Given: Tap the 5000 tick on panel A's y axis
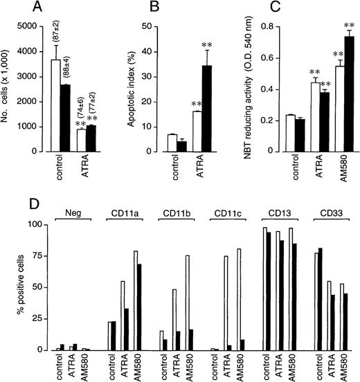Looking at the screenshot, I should [31, 26].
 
